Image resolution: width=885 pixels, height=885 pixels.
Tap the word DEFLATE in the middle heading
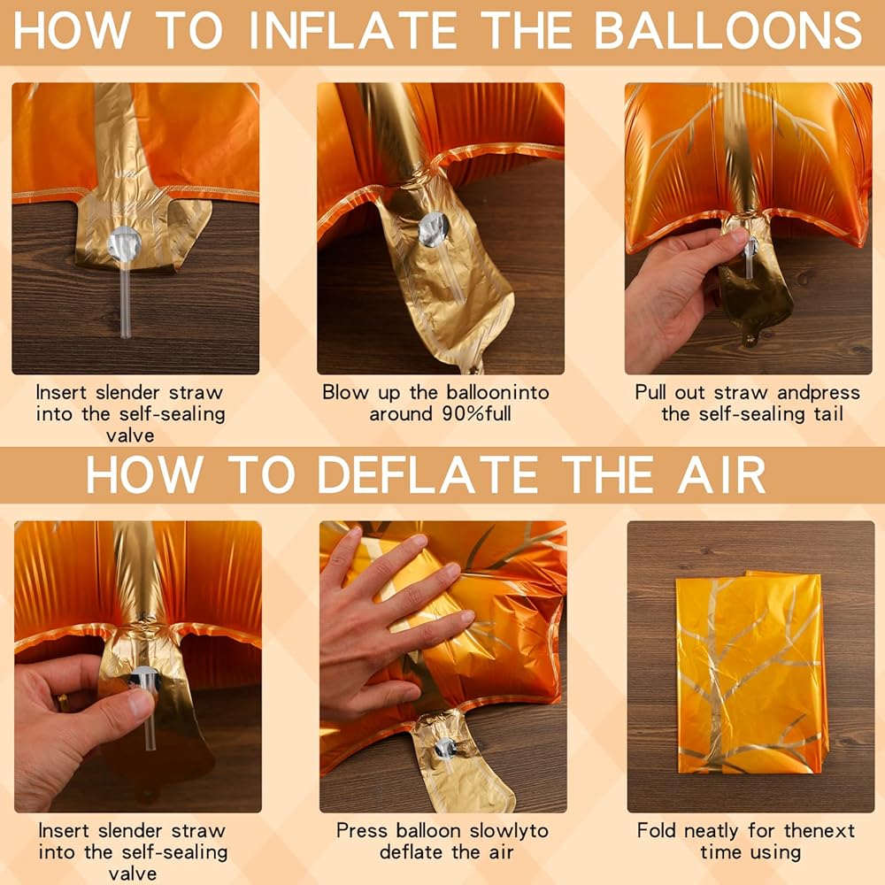click(x=427, y=474)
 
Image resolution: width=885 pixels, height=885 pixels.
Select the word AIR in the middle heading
click(x=722, y=474)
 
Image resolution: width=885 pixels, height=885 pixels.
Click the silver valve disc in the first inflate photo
click(x=124, y=244)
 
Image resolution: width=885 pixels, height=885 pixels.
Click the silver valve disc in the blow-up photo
click(x=434, y=230)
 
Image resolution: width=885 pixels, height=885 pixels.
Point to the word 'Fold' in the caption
click(x=657, y=831)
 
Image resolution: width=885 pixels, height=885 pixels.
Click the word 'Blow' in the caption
click(x=344, y=392)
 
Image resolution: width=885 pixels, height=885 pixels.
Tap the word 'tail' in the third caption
click(x=828, y=413)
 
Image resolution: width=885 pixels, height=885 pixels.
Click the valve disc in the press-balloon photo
click(x=445, y=749)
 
